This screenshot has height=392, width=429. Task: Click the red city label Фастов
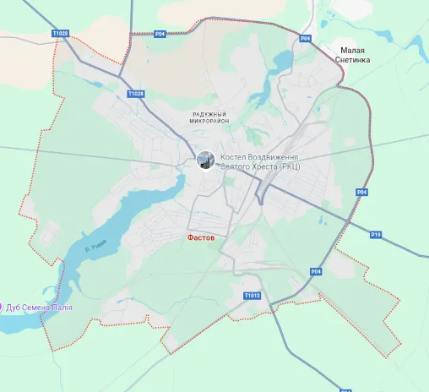[x=201, y=238]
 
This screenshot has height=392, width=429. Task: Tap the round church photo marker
[x=205, y=160]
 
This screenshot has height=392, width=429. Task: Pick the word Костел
[x=234, y=157]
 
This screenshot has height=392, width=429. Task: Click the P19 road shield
[x=376, y=234]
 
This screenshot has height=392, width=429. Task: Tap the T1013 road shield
[x=253, y=296]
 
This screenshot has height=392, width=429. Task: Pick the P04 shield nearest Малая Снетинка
[x=306, y=39]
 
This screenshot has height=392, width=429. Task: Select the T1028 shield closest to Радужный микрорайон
[x=134, y=94]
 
